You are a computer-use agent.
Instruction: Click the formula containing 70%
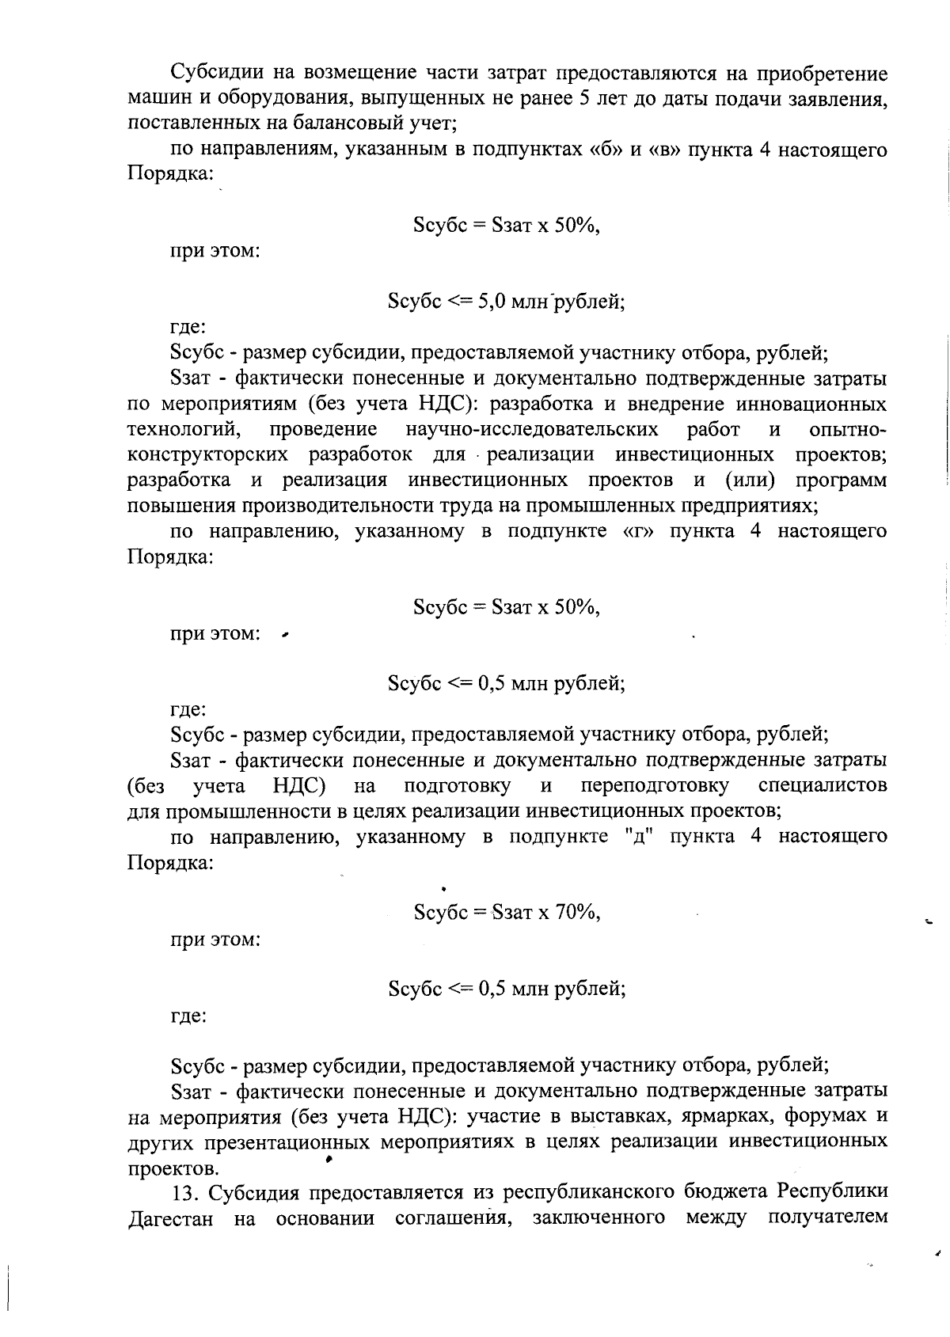coord(507,912)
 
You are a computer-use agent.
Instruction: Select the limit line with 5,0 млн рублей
coord(507,302)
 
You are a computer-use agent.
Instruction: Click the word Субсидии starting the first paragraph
coord(216,74)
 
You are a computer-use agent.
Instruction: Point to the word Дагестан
coord(171,1217)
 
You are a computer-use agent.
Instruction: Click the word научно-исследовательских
coord(531,429)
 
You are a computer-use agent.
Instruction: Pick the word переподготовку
coord(655,785)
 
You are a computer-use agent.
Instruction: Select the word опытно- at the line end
coord(848,429)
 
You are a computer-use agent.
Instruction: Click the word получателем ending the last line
coord(827,1217)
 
